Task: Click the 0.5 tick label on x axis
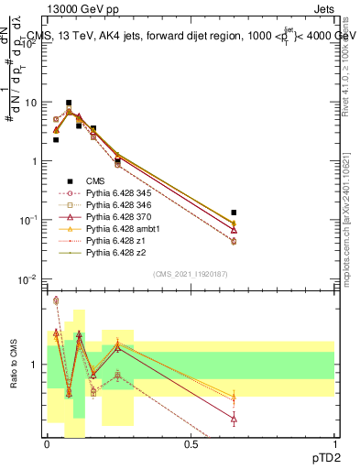click(x=191, y=443)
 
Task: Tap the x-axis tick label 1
click(x=334, y=443)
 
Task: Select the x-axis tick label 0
click(x=47, y=443)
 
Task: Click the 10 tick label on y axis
click(x=33, y=102)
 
